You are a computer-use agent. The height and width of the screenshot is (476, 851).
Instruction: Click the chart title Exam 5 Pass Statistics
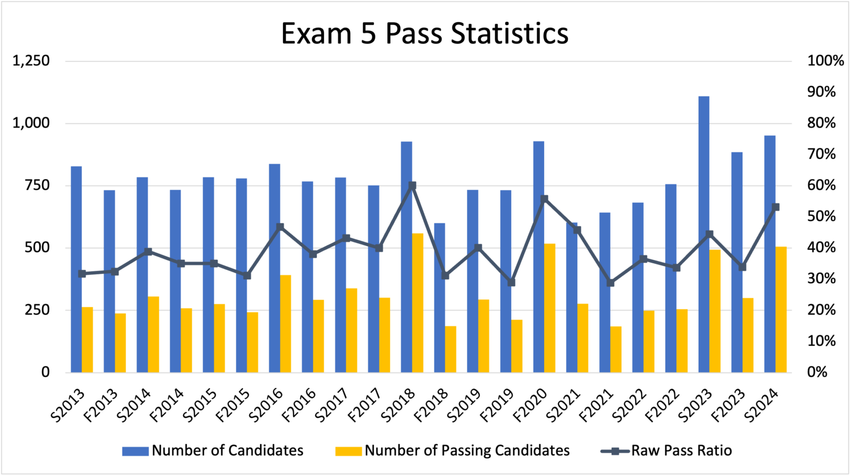click(x=424, y=33)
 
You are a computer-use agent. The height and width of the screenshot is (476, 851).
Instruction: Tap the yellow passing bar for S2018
click(x=417, y=303)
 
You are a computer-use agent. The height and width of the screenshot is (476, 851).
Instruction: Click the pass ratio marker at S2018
click(x=412, y=186)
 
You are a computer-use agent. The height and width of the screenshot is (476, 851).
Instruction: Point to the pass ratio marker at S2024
click(x=776, y=207)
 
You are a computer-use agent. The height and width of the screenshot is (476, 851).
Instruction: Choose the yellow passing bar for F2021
click(x=616, y=349)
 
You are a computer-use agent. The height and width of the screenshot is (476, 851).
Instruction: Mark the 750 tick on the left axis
click(x=38, y=186)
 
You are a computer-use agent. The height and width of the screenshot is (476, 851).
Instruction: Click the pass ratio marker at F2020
click(x=544, y=198)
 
